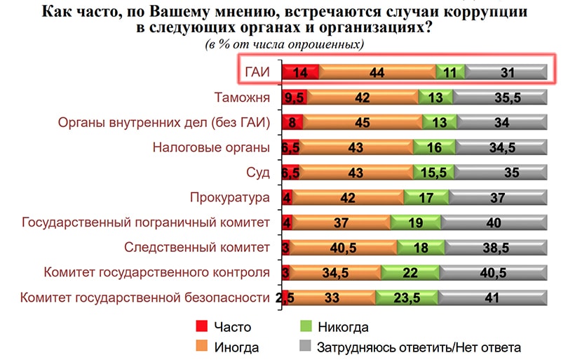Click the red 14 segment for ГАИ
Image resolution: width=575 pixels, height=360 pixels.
click(x=301, y=72)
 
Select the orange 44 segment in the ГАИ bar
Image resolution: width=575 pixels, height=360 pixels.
click(x=377, y=72)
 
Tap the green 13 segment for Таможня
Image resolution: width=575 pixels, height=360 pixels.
click(x=435, y=98)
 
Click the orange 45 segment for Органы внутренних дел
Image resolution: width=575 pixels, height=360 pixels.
click(x=363, y=123)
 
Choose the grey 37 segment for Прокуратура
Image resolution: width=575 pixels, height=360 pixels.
click(x=497, y=198)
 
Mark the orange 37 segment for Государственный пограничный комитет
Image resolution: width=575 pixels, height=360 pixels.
click(x=341, y=222)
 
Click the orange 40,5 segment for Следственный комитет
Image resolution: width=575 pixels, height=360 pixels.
click(x=344, y=248)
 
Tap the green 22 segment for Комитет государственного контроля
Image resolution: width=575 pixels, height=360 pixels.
click(x=414, y=273)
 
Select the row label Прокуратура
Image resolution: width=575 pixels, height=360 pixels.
click(x=230, y=198)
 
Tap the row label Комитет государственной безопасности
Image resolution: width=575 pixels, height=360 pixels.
click(x=146, y=298)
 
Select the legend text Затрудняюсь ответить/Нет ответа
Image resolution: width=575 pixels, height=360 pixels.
click(x=419, y=347)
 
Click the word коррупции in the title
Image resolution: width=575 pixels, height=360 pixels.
click(x=478, y=13)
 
